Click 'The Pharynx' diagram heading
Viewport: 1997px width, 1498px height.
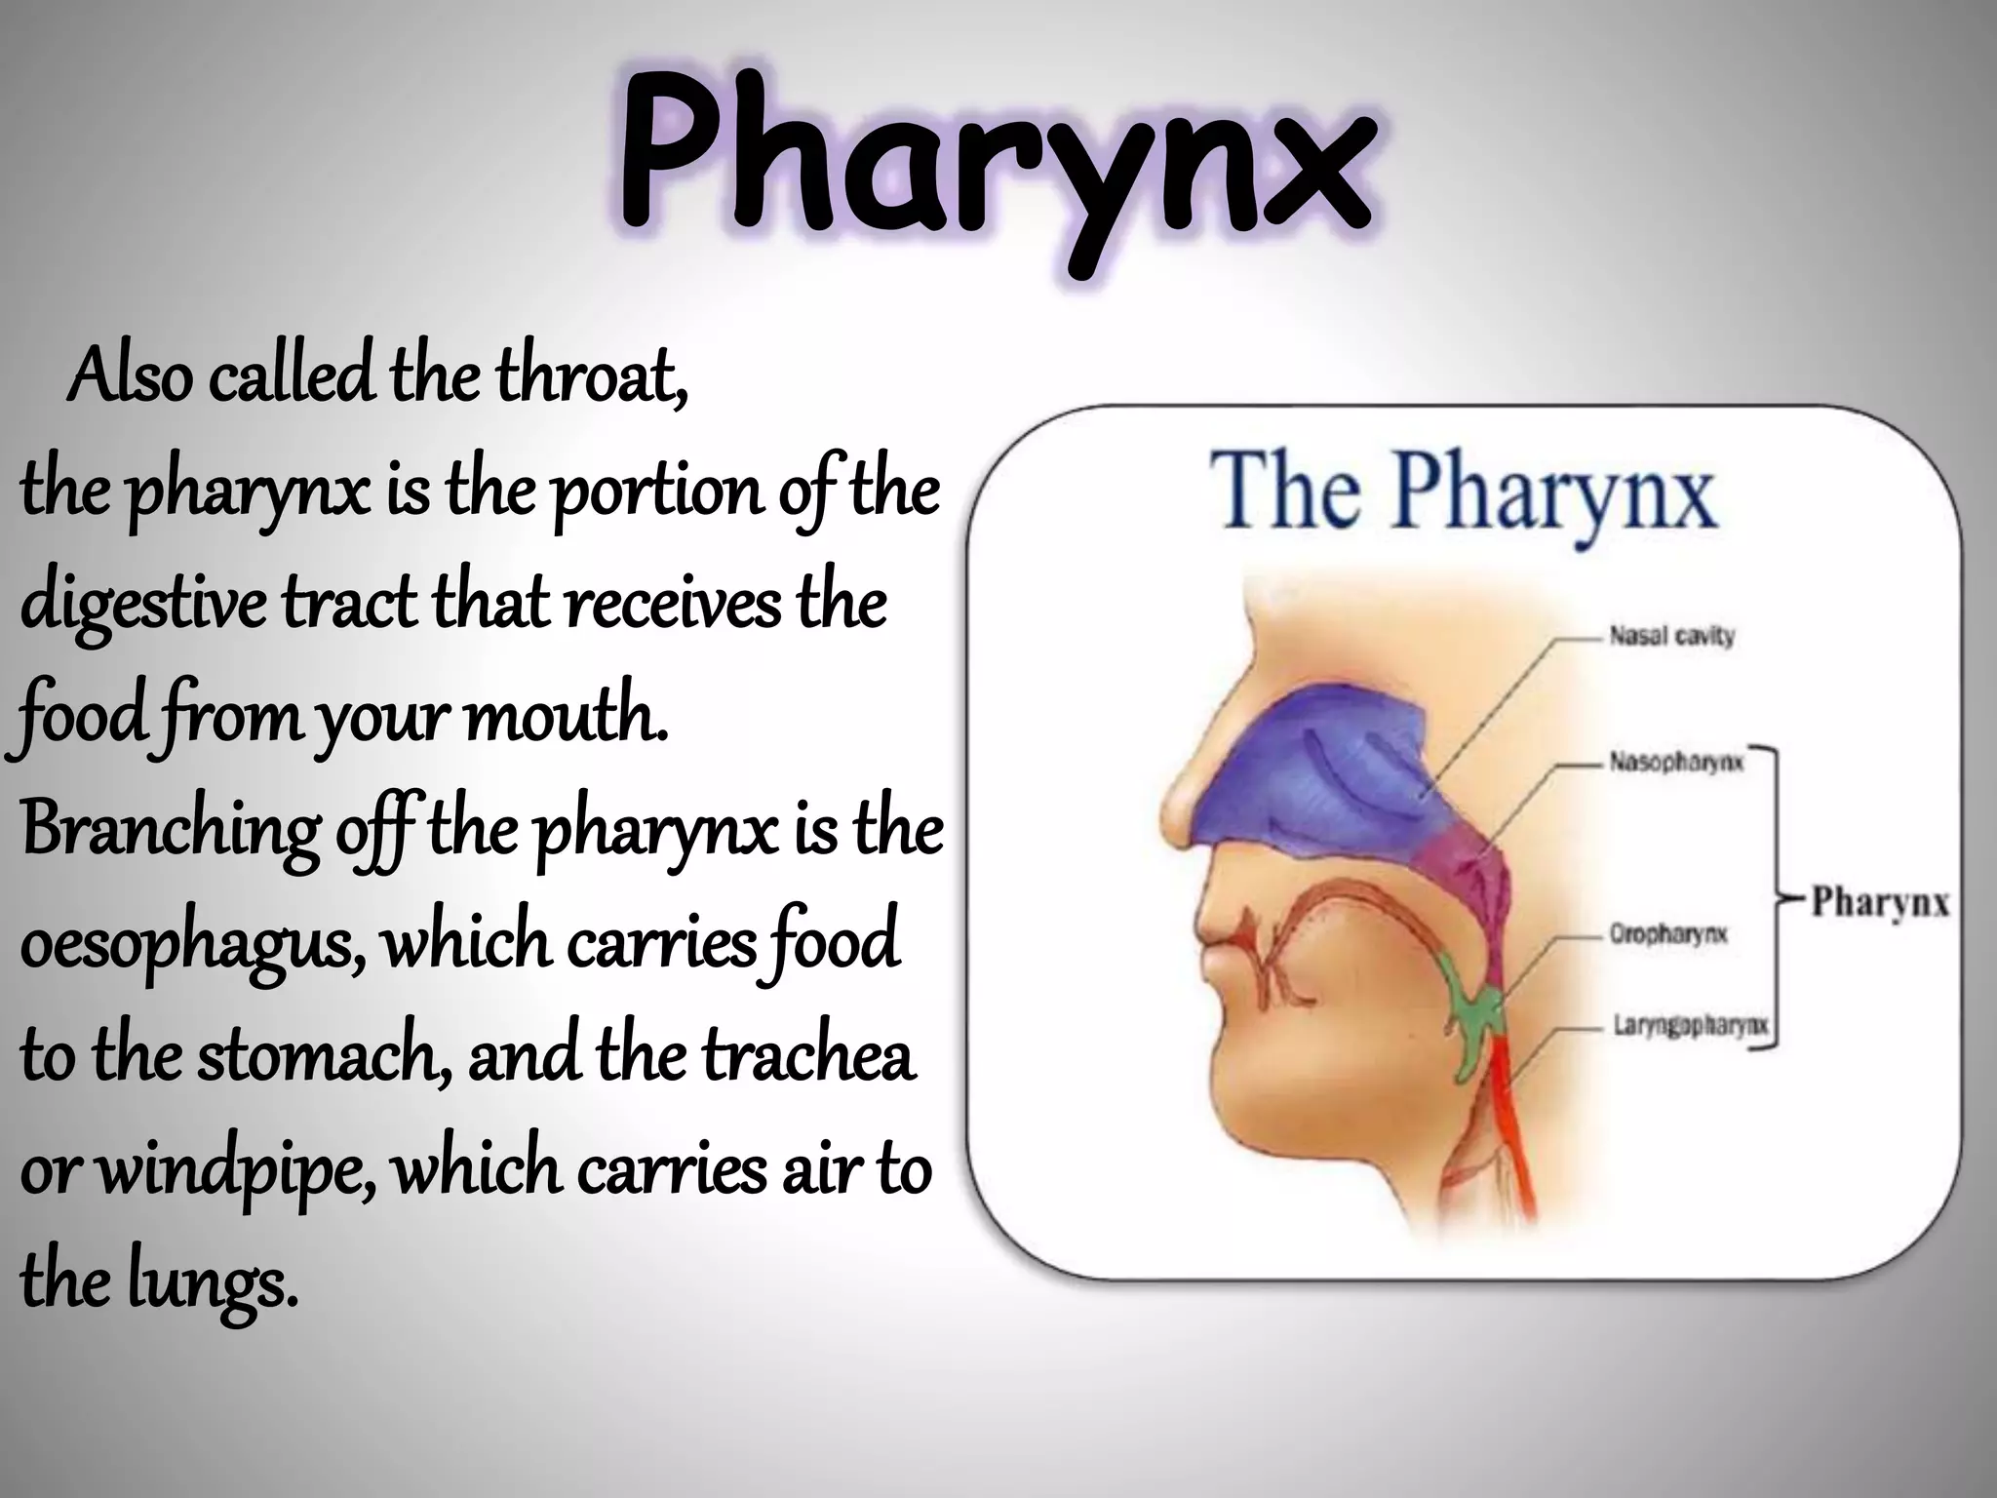pos(1462,493)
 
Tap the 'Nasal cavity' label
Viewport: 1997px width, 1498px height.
pos(1671,637)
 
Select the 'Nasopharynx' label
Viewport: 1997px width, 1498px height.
pos(1675,762)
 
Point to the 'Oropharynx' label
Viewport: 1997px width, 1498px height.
pos(1668,934)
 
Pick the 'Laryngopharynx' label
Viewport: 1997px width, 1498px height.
pos(1689,1025)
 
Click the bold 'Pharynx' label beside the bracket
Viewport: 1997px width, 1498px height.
pos(1880,901)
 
